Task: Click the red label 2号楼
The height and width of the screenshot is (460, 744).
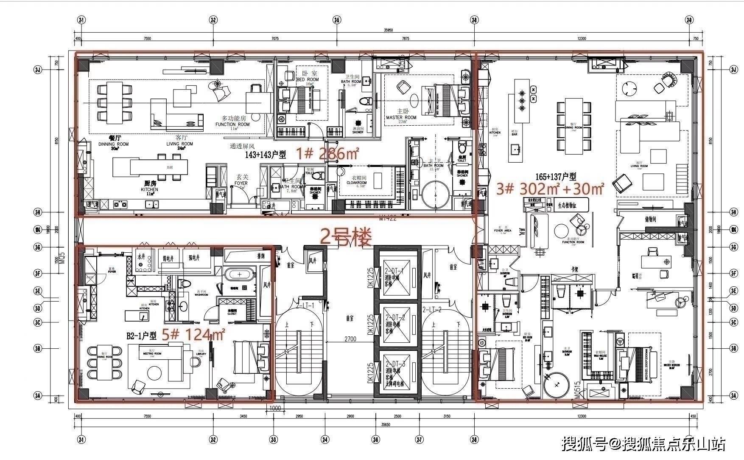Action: click(346, 237)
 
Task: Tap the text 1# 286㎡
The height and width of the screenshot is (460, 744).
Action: click(327, 153)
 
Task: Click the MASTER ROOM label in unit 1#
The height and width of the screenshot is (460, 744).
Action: click(401, 117)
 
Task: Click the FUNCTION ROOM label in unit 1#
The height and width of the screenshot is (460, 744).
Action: click(232, 124)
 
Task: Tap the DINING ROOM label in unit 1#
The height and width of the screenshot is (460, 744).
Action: click(113, 144)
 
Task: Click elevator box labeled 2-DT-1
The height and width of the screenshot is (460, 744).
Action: click(395, 276)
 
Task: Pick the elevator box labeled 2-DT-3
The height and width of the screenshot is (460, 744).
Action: click(395, 372)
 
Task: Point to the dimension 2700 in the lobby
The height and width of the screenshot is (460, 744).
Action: click(350, 339)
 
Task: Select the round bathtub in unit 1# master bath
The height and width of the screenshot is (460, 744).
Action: click(435, 195)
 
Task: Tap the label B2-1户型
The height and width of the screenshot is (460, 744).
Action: click(141, 336)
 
